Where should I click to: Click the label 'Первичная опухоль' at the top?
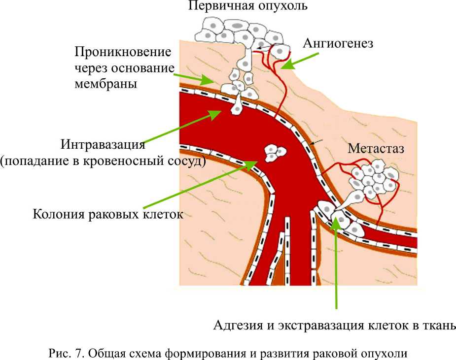click(248, 7)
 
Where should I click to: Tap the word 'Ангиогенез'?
click(338, 43)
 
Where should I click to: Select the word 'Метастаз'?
click(376, 148)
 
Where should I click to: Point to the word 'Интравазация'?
click(103, 145)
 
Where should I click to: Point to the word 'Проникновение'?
click(123, 52)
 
